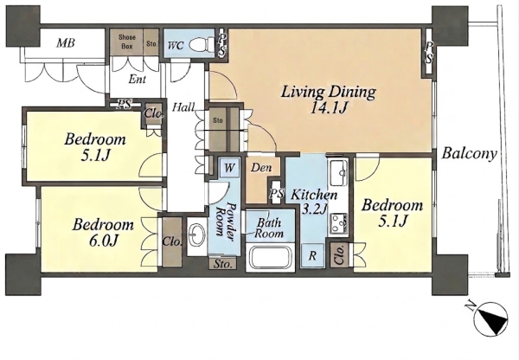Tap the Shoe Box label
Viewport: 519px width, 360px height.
[x=127, y=42]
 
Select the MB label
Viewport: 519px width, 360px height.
[x=65, y=42]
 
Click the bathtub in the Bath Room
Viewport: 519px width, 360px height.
[x=270, y=256]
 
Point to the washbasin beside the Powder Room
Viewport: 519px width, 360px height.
[x=196, y=235]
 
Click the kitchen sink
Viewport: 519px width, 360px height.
[x=337, y=172]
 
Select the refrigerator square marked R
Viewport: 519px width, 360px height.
[x=312, y=255]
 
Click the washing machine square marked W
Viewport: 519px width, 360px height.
[x=230, y=168]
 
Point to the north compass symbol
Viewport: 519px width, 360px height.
[x=490, y=318]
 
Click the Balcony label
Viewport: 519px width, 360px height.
[x=470, y=154]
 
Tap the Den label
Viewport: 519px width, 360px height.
[x=261, y=168]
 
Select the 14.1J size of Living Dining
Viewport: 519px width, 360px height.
[x=328, y=108]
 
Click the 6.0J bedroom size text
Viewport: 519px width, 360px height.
[x=104, y=241]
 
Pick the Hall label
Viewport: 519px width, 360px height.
[x=183, y=107]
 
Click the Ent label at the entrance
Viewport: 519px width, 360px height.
[x=138, y=80]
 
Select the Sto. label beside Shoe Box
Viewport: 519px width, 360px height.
[x=152, y=44]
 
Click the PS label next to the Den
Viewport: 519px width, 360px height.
[x=277, y=193]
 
